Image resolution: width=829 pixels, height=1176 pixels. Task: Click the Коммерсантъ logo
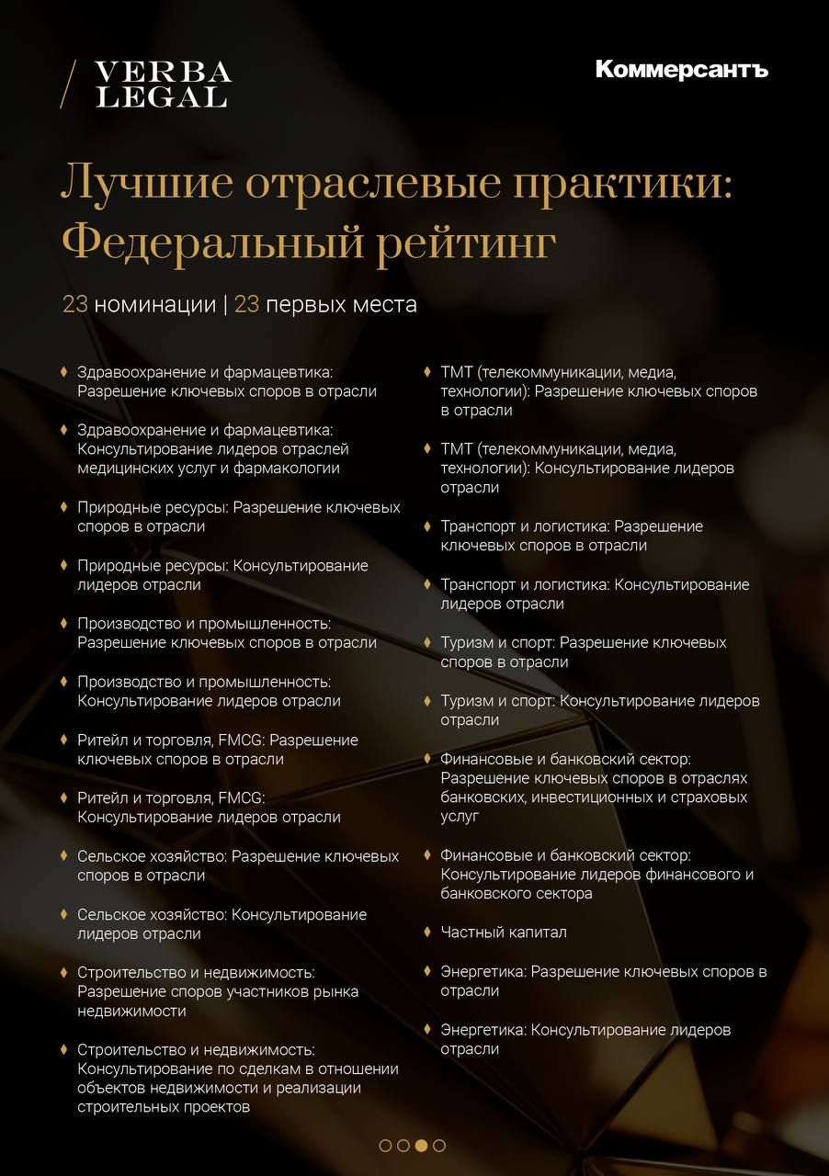[681, 70]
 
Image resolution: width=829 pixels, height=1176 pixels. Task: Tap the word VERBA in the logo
[164, 73]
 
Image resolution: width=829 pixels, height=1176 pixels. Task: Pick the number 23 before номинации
[74, 304]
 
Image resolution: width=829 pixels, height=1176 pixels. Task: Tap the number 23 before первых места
[246, 304]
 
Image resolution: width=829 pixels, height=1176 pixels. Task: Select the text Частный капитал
[504, 933]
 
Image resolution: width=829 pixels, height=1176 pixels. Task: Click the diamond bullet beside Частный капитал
[427, 932]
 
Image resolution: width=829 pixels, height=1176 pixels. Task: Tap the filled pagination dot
[421, 1146]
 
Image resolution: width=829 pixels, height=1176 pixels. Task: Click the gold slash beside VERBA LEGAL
[67, 85]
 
